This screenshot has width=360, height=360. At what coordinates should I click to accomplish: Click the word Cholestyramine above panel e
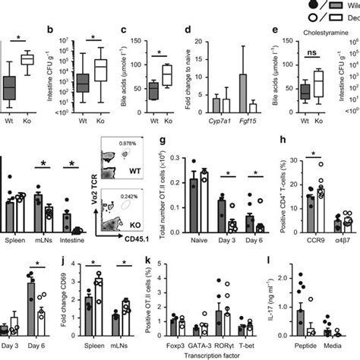point(314,33)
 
